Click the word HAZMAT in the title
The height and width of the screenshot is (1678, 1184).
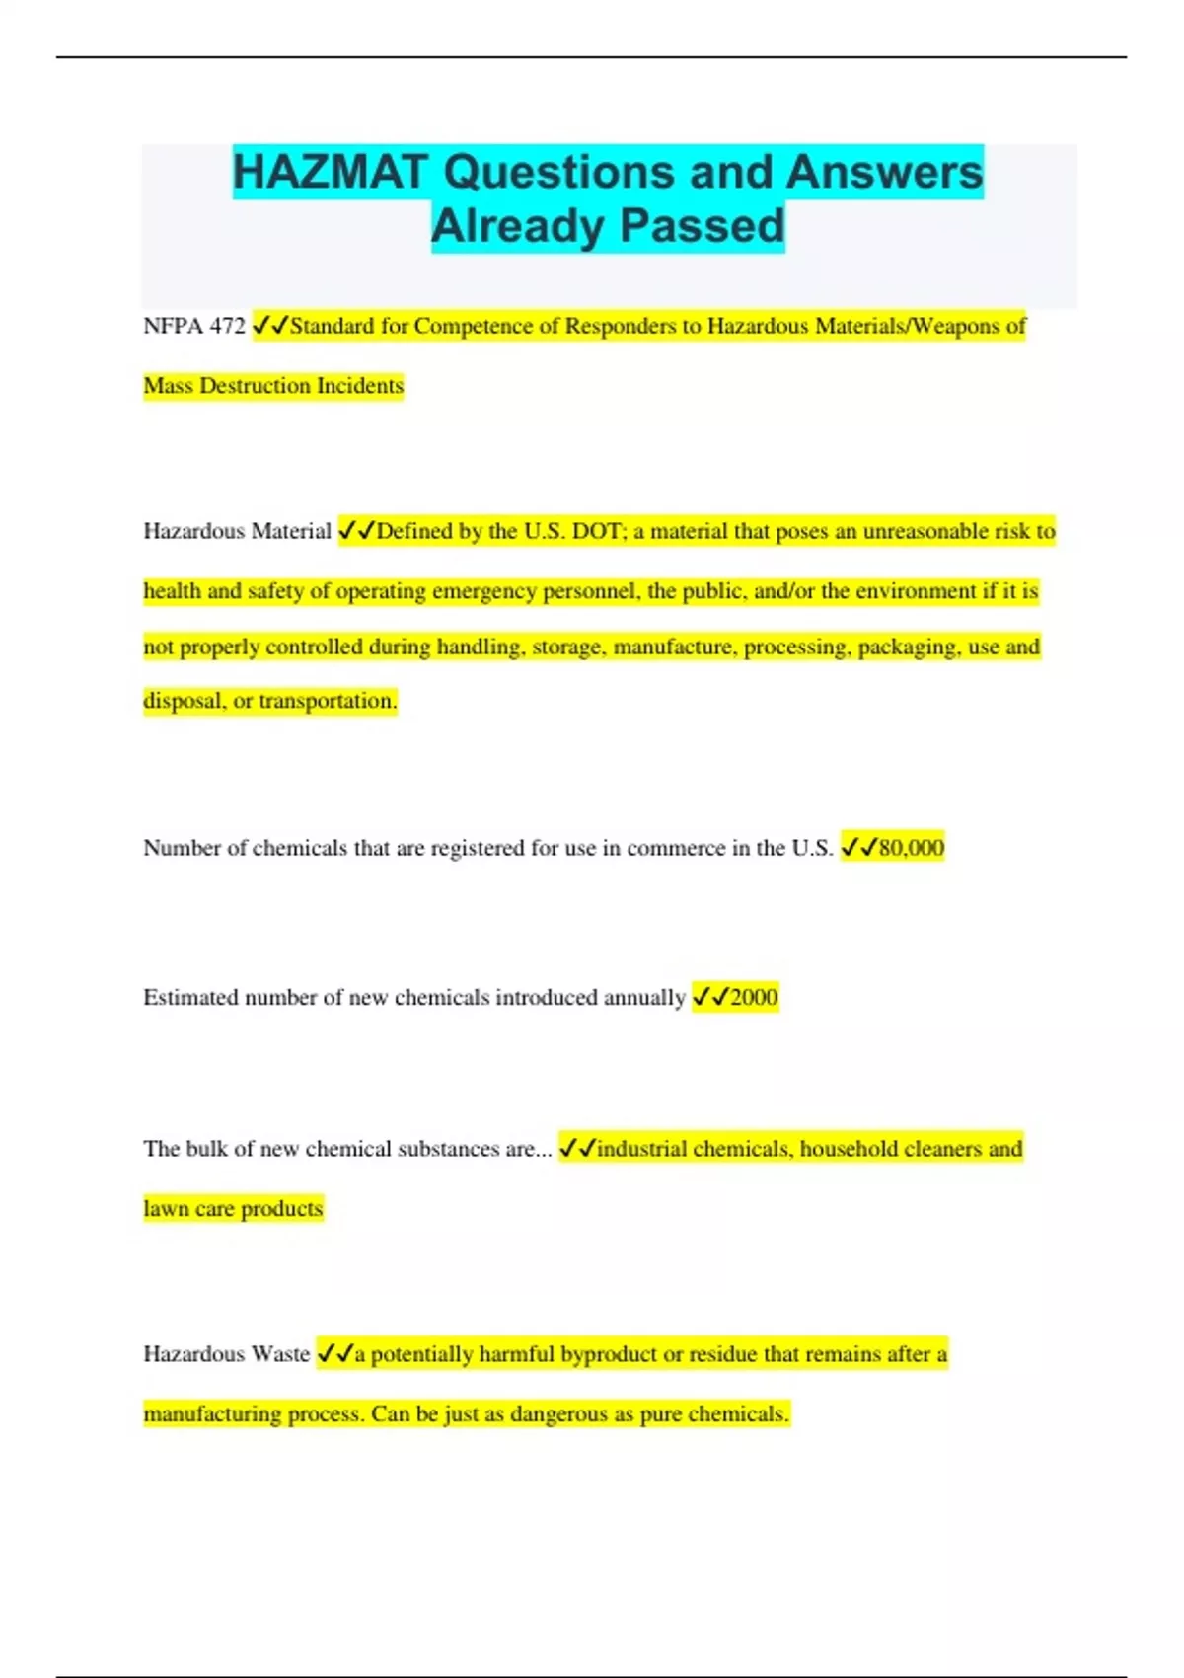tap(330, 172)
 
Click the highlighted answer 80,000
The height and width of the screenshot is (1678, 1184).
tap(911, 848)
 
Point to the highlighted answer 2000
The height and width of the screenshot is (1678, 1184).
tap(754, 998)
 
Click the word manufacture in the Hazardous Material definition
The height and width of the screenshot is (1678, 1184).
tap(674, 648)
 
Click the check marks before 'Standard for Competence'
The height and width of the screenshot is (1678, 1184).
tap(270, 326)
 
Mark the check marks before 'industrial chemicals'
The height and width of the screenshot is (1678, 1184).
tap(577, 1149)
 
